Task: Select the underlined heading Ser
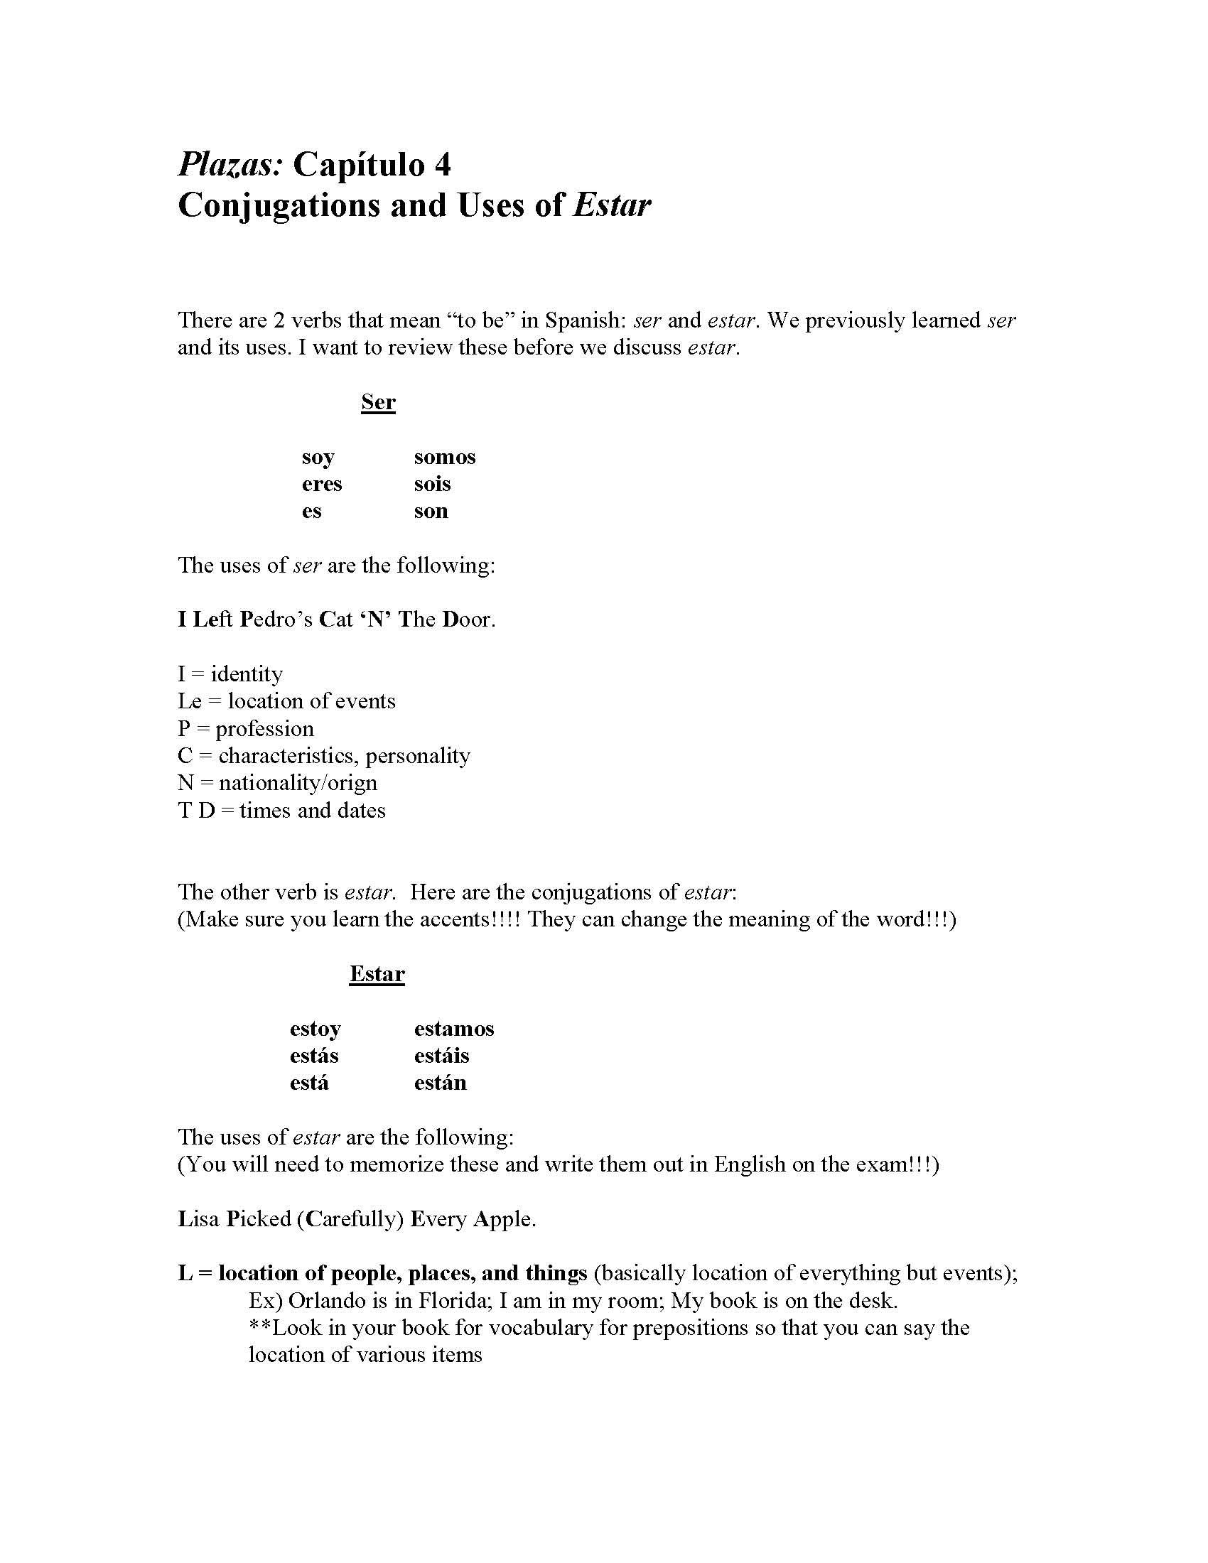click(x=378, y=402)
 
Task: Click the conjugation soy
click(x=318, y=458)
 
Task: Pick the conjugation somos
click(x=444, y=458)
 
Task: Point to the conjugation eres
click(x=321, y=485)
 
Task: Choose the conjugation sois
click(x=432, y=485)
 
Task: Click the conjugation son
click(x=431, y=511)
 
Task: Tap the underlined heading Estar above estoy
click(x=377, y=974)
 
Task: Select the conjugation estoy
click(x=315, y=1029)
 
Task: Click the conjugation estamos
click(x=454, y=1029)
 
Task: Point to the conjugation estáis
click(x=441, y=1056)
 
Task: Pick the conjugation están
click(x=440, y=1083)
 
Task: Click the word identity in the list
click(x=247, y=674)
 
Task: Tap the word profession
click(x=265, y=729)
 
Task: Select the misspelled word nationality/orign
click(x=298, y=783)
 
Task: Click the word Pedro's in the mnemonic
click(x=276, y=620)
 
